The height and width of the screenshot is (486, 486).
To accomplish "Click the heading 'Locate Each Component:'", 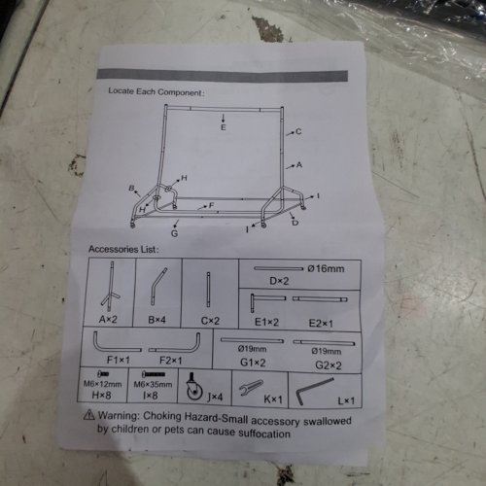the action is coord(156,91).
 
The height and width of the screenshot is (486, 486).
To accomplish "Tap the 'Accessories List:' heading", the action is coord(123,249).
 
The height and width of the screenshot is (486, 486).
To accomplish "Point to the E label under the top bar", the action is coord(224,127).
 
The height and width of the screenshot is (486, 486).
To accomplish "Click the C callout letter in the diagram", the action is coord(298,131).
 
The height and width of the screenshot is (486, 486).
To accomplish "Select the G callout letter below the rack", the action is coord(174,233).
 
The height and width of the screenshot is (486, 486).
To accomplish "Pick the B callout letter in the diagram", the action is coord(131,188).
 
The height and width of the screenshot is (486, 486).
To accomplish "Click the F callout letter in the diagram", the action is coord(212,205).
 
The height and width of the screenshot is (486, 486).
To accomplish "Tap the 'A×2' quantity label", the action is coord(108,320).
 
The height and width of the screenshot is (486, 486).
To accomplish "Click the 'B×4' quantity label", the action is coord(156,320).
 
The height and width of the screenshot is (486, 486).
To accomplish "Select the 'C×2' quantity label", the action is coord(210,321).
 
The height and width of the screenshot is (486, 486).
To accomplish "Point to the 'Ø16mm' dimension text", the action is coord(326,268).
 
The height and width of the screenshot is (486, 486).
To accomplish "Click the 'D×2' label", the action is coord(279,281).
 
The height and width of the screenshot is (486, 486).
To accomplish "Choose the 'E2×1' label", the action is coord(321,324).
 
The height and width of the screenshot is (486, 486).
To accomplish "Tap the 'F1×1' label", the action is coord(119,360).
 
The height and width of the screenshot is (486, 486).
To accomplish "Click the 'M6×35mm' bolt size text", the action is coord(153,385).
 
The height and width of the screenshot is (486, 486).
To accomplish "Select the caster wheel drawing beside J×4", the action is coord(194,387).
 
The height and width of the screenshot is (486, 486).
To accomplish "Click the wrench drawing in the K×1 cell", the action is coord(251,387).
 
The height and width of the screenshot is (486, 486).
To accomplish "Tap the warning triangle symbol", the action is coord(89,414).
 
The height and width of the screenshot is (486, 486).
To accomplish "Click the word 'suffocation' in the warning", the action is coord(264,434).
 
